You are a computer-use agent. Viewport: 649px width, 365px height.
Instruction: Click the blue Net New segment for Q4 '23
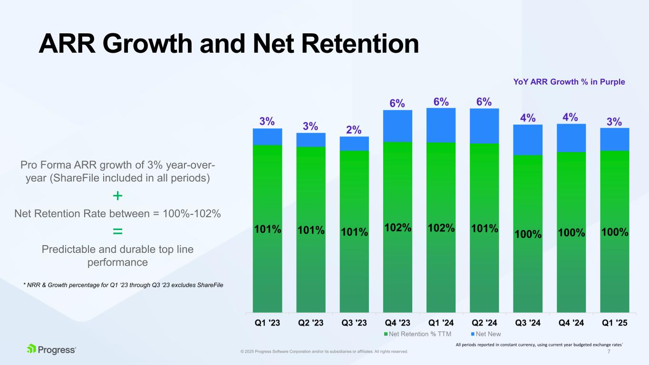pyautogui.click(x=397, y=126)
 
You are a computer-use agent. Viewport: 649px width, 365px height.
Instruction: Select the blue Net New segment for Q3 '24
pyautogui.click(x=528, y=140)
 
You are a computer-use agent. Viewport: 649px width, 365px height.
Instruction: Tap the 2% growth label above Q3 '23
pyautogui.click(x=354, y=130)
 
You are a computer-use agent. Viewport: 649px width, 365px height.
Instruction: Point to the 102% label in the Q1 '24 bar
pyautogui.click(x=441, y=228)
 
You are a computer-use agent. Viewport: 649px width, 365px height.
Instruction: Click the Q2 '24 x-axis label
pyautogui.click(x=484, y=322)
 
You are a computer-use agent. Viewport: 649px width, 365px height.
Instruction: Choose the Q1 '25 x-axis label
pyautogui.click(x=615, y=322)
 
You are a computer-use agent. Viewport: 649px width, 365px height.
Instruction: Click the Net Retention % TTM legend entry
pyautogui.click(x=417, y=334)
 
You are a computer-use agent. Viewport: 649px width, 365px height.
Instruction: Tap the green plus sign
pyautogui.click(x=117, y=196)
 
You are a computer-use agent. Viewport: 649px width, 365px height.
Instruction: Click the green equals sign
pyautogui.click(x=117, y=231)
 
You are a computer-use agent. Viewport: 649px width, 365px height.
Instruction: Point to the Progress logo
pyautogui.click(x=51, y=350)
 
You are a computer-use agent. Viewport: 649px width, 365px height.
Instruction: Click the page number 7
pyautogui.click(x=609, y=352)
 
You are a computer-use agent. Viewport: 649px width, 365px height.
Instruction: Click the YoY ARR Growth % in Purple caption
pyautogui.click(x=569, y=82)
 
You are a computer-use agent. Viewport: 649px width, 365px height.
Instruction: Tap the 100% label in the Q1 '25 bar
pyautogui.click(x=615, y=232)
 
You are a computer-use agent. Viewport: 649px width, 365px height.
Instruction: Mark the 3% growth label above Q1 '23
pyautogui.click(x=267, y=121)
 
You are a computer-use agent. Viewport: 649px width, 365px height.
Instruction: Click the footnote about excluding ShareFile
pyautogui.click(x=123, y=284)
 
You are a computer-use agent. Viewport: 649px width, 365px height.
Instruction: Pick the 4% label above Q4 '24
pyautogui.click(x=571, y=117)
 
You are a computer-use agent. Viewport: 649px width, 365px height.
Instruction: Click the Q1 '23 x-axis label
pyautogui.click(x=267, y=322)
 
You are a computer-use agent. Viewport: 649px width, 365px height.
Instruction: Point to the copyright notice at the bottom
pyautogui.click(x=324, y=352)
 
